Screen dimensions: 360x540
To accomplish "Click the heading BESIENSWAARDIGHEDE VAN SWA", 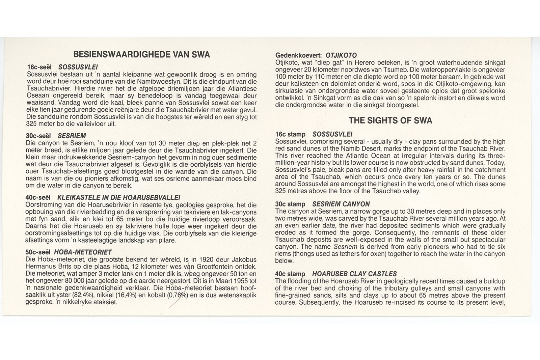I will pyautogui.click(x=141, y=55).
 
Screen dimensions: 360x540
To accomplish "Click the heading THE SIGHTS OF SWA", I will pyautogui.click(x=390, y=120).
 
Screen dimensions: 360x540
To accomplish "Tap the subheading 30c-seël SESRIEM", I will pyautogui.click(x=56, y=136).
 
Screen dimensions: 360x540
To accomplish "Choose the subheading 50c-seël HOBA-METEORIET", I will pyautogui.click(x=69, y=252).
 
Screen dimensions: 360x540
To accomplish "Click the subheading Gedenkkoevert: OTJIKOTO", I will pyautogui.click(x=316, y=55).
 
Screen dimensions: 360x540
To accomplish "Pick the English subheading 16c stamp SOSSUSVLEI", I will pyautogui.click(x=314, y=134).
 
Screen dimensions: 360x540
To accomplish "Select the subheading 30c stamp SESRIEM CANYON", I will pyautogui.click(x=322, y=204).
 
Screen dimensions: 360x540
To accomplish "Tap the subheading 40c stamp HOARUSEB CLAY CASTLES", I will pyautogui.click(x=336, y=274).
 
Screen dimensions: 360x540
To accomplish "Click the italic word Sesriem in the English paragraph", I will pyautogui.click(x=345, y=247).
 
